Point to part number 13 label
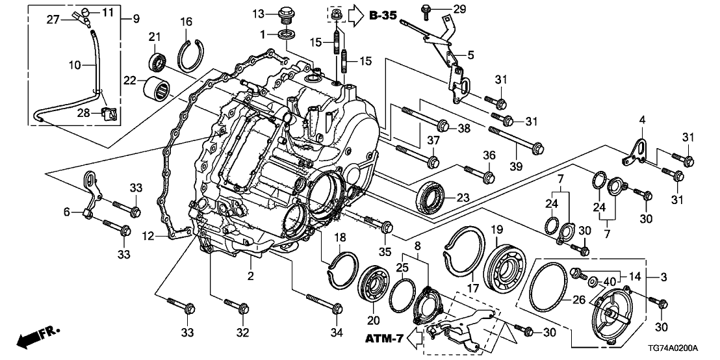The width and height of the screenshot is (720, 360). tap(259, 14)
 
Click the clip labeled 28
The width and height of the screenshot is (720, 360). tap(110, 114)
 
